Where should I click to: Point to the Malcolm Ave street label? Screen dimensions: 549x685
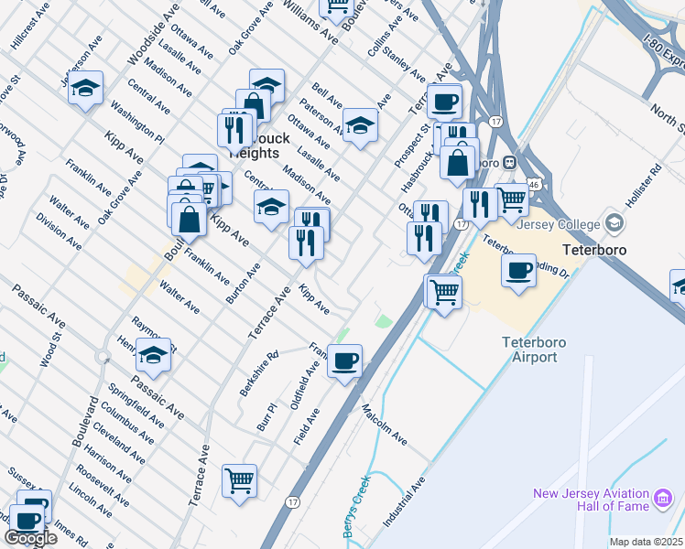tap(385, 425)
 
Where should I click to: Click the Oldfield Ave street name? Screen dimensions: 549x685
tap(312, 381)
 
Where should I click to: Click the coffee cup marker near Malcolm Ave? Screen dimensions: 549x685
tap(345, 361)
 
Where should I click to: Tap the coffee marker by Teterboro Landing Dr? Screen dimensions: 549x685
tap(519, 269)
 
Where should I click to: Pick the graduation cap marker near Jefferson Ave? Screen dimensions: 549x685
tap(85, 88)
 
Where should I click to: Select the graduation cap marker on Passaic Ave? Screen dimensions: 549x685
tap(154, 354)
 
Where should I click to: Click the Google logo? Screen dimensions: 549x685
tap(30, 538)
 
